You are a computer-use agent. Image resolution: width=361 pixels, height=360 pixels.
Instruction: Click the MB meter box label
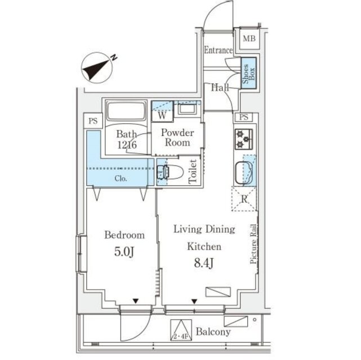(249, 38)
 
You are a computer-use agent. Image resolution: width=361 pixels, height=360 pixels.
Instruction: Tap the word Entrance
(219, 50)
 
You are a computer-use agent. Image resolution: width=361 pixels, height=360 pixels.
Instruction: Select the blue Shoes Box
(249, 73)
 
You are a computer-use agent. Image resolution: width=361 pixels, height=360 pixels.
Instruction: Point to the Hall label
(220, 87)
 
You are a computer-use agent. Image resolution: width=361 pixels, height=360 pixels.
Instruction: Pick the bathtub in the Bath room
(126, 111)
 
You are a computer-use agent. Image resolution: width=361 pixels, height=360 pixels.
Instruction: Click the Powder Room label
(177, 137)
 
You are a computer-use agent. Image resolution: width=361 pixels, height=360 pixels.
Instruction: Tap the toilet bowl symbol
(171, 172)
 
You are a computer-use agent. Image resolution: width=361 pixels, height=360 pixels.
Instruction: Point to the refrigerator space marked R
(244, 199)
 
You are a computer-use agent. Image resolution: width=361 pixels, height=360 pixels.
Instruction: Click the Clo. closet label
(121, 178)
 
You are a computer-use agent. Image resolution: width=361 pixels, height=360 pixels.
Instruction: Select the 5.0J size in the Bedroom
(124, 252)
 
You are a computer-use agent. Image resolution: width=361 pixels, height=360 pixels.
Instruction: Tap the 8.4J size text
(204, 263)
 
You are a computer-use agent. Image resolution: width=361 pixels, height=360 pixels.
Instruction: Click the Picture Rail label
(253, 244)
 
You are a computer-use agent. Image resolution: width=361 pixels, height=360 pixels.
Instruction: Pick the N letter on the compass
(114, 57)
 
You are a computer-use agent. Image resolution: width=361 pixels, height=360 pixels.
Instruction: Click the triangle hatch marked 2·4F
(181, 330)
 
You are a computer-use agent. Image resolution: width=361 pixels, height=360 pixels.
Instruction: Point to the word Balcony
(213, 332)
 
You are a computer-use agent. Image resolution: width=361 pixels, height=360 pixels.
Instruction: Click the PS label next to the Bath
(93, 121)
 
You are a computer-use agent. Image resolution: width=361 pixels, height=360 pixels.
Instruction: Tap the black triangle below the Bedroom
(136, 301)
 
